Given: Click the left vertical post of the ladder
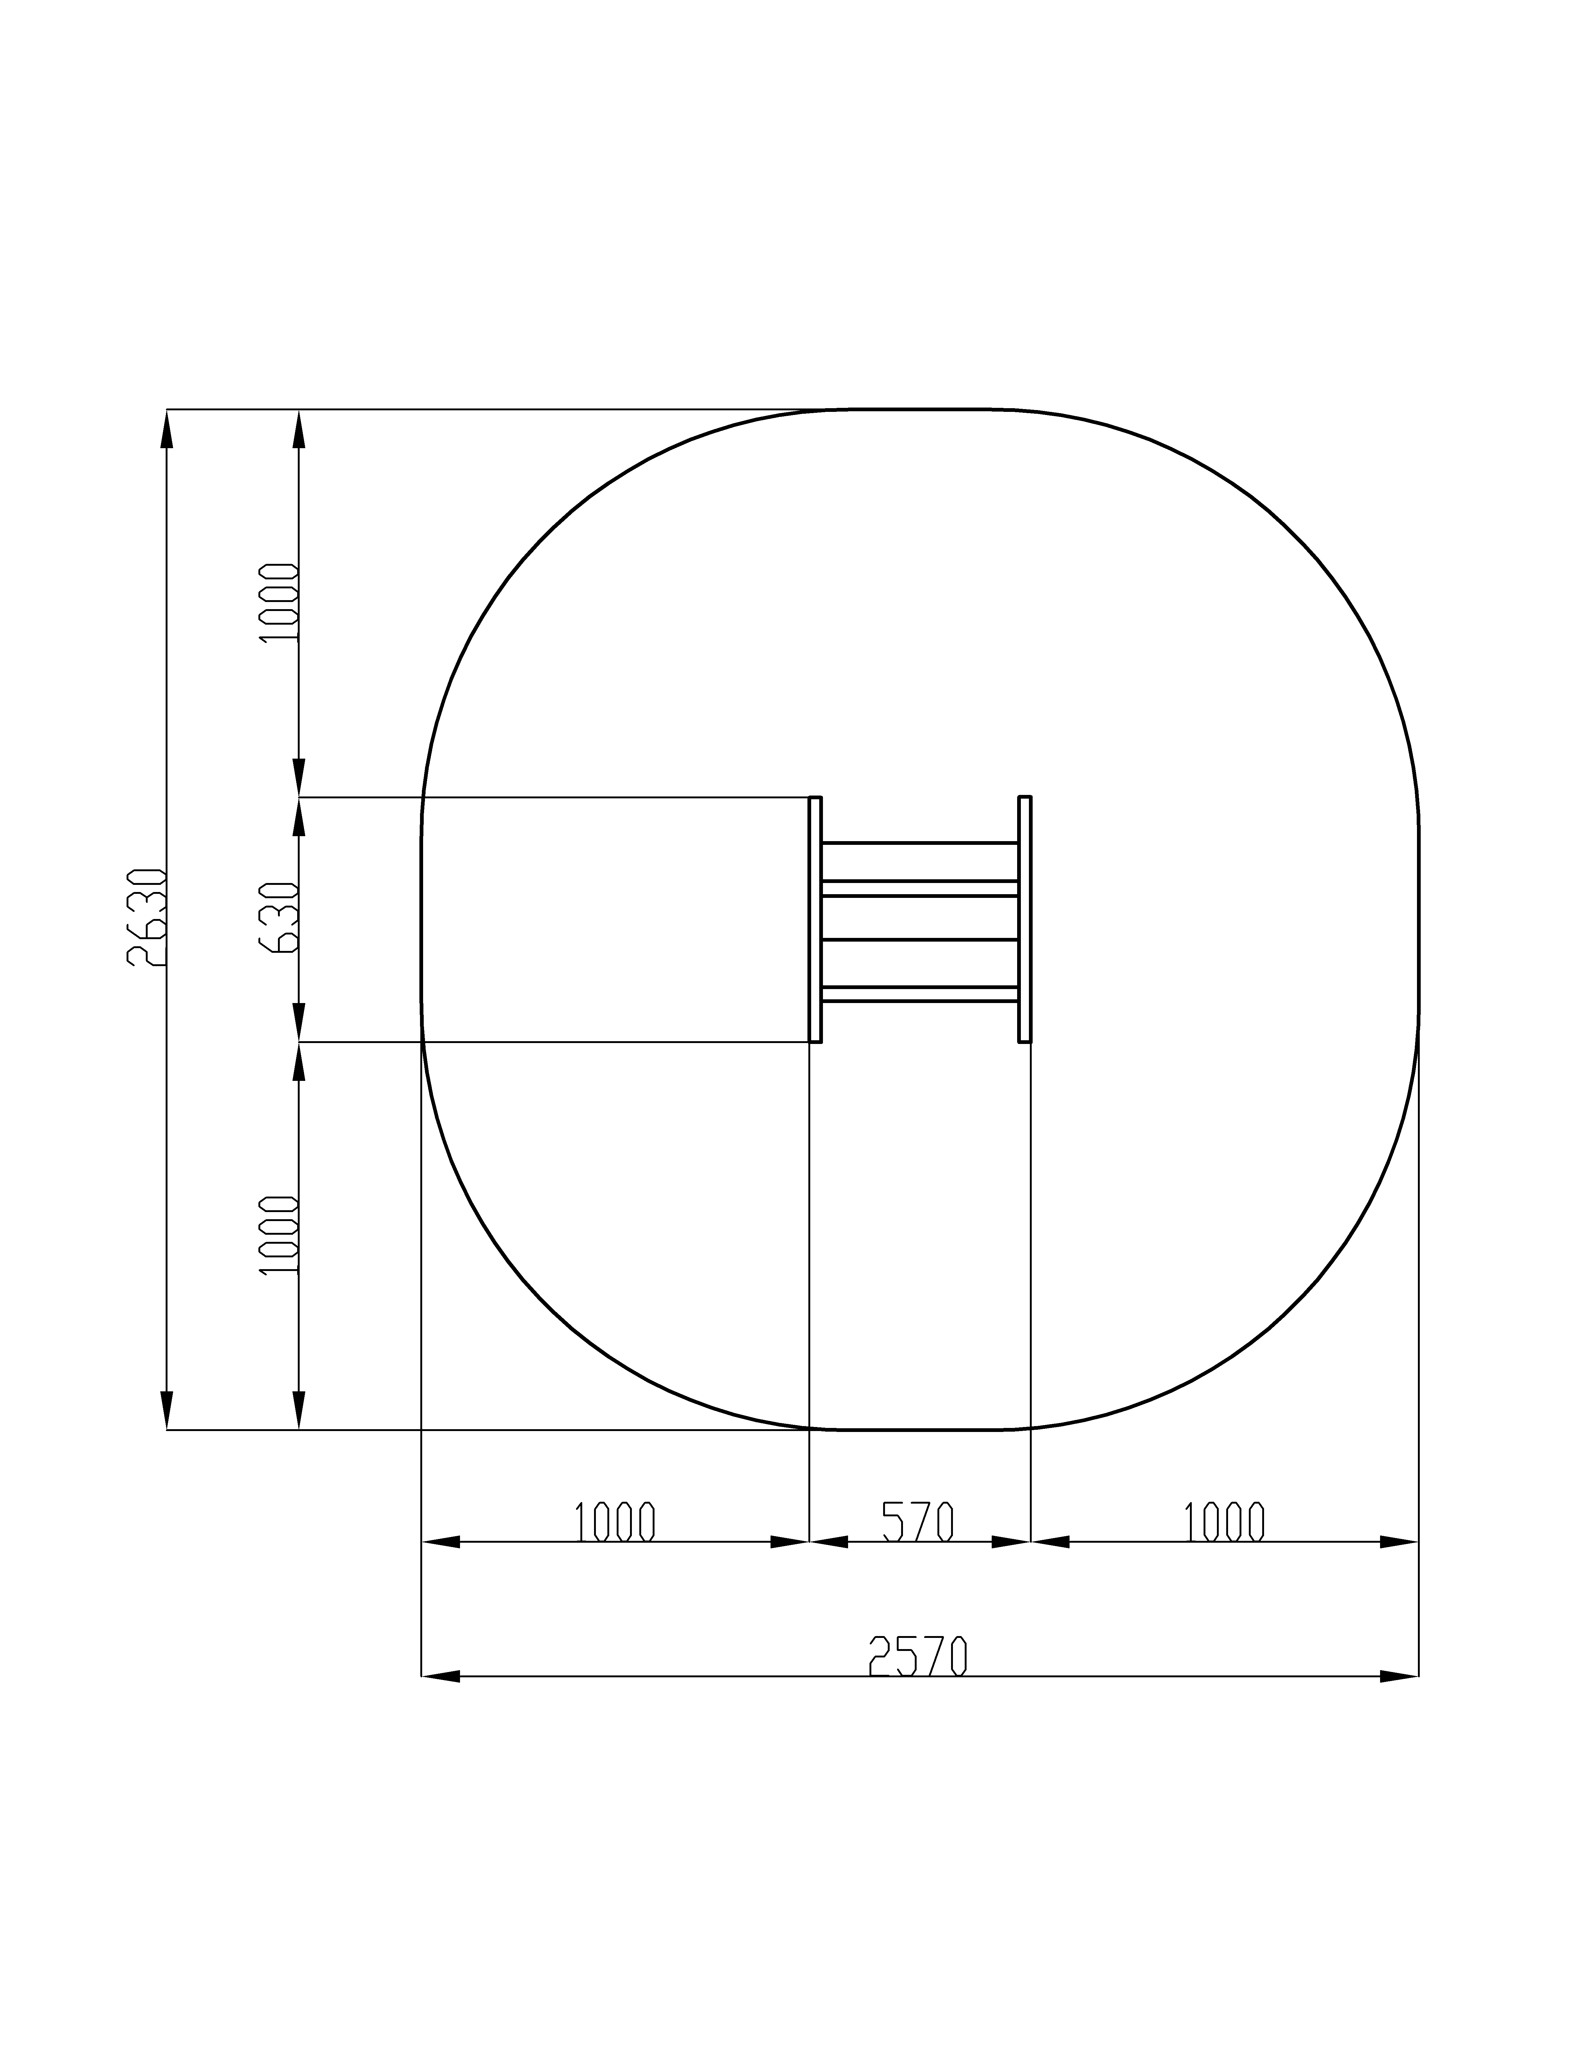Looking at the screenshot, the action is coord(816,920).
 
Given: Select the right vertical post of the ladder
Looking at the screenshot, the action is coord(1025,920).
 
